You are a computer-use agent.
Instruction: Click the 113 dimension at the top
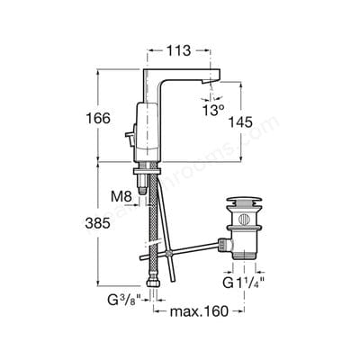(180, 51)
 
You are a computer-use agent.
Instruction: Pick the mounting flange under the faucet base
(157, 166)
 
